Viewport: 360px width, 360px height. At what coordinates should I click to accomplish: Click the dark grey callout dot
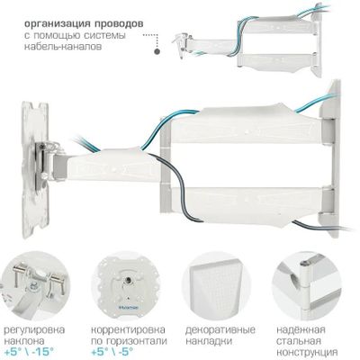(157, 51)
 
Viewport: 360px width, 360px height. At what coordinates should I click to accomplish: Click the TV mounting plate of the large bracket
(35, 170)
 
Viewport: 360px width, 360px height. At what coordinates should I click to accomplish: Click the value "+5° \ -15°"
(30, 351)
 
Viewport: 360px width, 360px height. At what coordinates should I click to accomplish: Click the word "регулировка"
(34, 330)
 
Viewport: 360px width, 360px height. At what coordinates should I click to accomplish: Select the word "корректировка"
(128, 330)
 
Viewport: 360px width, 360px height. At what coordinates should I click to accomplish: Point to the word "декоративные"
(220, 330)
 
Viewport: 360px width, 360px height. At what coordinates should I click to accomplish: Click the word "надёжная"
(301, 330)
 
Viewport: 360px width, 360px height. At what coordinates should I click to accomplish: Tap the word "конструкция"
(307, 352)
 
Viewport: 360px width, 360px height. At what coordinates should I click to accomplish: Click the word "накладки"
(209, 341)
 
